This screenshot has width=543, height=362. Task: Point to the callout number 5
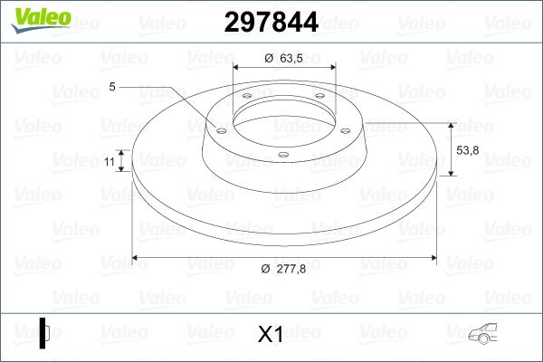[111, 88]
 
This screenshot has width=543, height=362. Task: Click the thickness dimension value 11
[109, 161]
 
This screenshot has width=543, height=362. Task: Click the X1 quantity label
[271, 334]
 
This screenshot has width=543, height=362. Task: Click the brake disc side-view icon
[44, 333]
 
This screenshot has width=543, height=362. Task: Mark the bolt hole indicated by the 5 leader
[220, 129]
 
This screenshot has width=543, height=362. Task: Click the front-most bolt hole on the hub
[281, 155]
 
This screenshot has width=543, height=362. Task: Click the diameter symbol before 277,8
[263, 269]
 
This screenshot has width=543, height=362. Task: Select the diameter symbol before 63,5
[269, 60]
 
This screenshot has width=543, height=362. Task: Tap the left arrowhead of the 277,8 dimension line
[137, 258]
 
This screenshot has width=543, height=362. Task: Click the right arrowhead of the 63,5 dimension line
[332, 68]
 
